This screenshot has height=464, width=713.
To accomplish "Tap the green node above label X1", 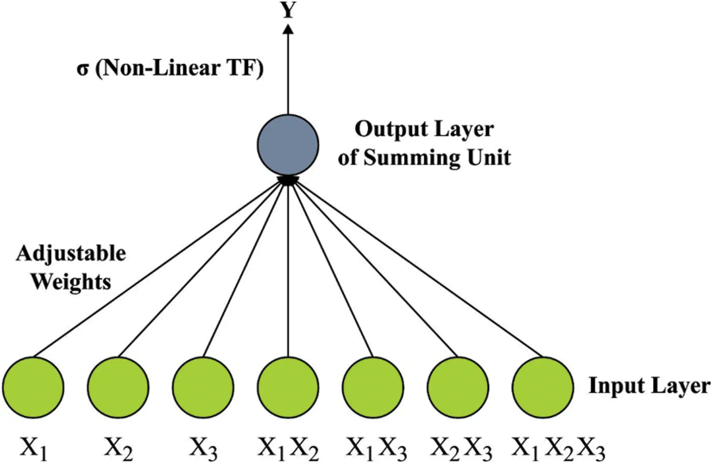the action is click(33, 387).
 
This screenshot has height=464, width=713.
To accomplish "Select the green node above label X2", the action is click(118, 387).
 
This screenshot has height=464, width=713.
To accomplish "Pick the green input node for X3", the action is click(203, 387).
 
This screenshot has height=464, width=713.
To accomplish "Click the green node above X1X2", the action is click(288, 387).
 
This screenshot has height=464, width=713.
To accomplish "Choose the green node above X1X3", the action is click(373, 387).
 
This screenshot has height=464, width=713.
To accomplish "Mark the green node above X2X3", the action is click(458, 387).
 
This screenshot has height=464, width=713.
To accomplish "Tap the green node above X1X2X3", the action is click(543, 387).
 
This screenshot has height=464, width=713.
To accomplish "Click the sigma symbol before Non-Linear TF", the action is click(82, 71).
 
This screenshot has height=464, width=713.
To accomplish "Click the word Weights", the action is click(71, 282).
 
